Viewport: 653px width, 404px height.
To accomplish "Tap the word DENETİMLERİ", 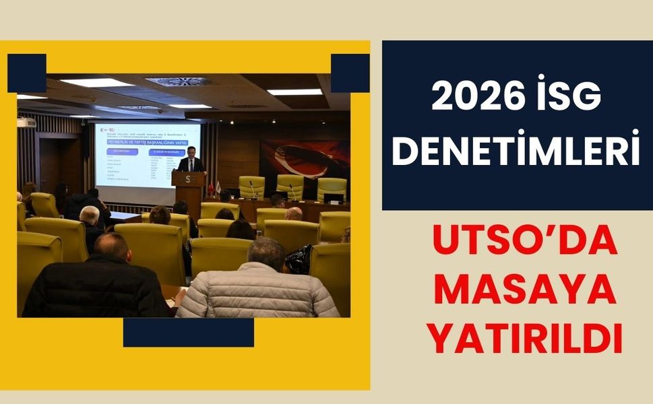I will (516, 152).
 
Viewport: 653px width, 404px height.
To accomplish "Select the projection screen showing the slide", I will (148, 153).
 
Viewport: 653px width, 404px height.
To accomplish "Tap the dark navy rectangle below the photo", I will (188, 332).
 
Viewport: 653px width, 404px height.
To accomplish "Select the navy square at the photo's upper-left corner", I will (27, 73).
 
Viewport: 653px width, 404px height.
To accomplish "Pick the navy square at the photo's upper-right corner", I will (350, 73).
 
